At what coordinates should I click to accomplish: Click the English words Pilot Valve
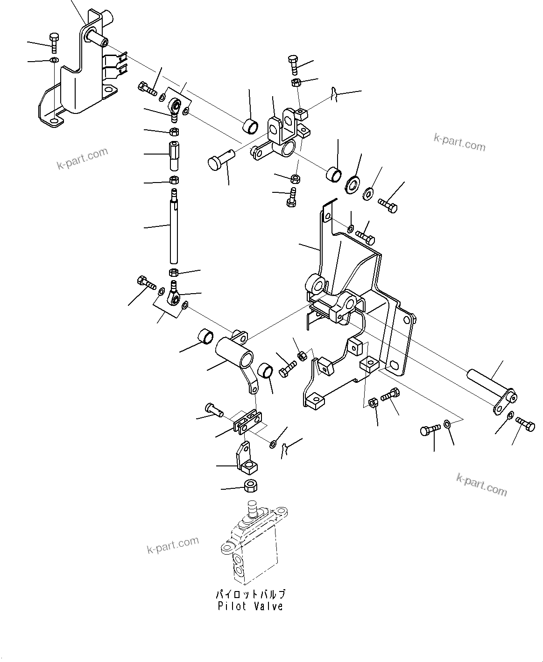point(250,606)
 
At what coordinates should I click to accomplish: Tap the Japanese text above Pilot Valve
point(250,594)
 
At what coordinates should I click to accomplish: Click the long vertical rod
point(174,229)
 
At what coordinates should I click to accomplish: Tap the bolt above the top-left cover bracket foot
point(54,42)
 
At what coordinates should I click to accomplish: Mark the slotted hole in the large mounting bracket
point(394,365)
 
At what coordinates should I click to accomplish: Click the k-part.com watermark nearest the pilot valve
point(173,544)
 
